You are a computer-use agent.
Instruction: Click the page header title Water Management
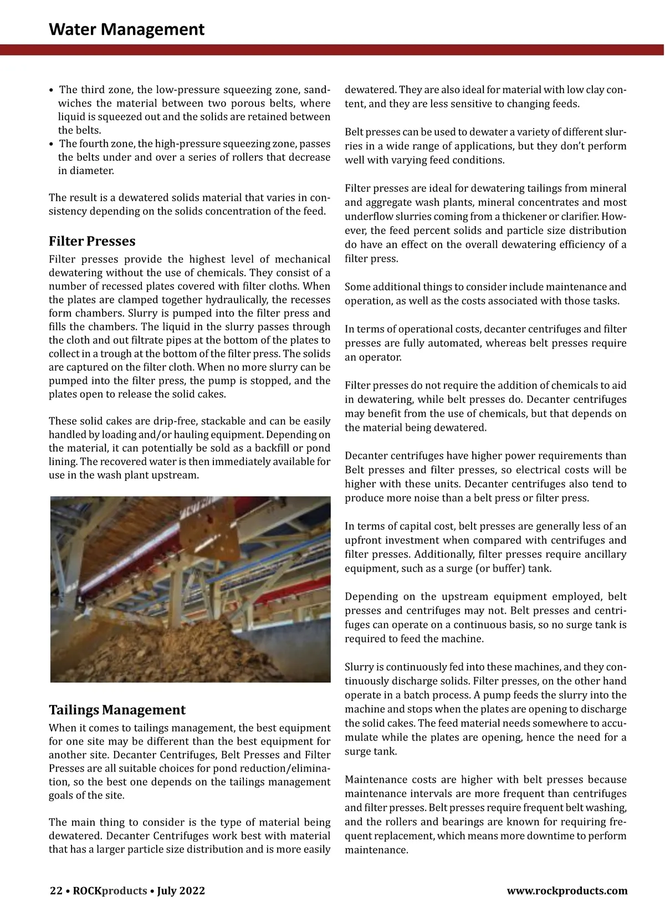[x=126, y=29]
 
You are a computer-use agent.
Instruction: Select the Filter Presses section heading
[x=92, y=241]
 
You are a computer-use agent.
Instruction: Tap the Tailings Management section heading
[x=117, y=710]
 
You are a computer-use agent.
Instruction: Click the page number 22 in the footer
[x=56, y=891]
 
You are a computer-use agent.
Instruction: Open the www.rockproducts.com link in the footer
[x=567, y=891]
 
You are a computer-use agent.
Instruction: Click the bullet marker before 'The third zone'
[x=52, y=90]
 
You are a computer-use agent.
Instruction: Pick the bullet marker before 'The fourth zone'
[x=52, y=144]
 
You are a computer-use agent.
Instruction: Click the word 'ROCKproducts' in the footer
[x=110, y=891]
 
